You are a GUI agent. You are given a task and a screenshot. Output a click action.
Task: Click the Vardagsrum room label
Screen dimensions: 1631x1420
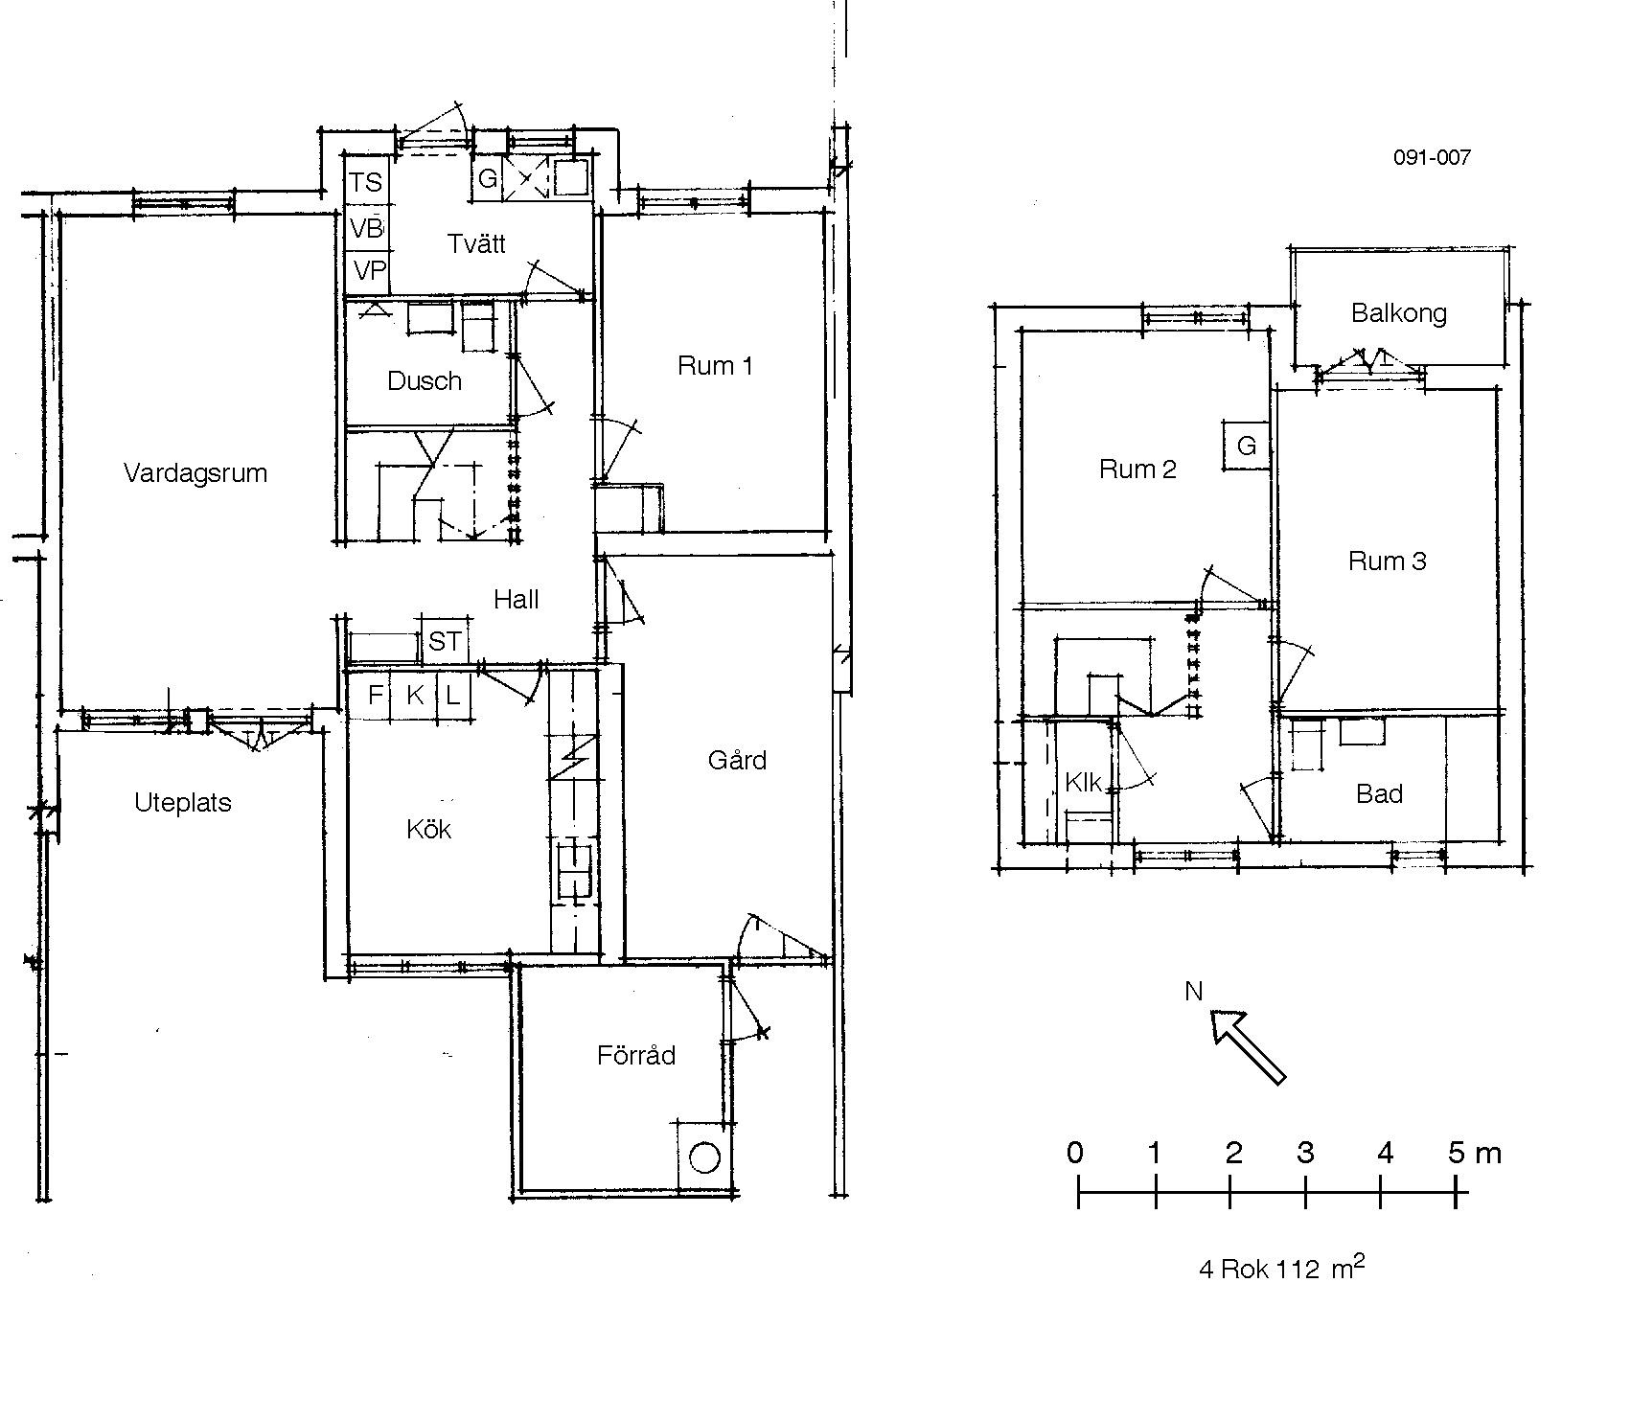[x=195, y=473]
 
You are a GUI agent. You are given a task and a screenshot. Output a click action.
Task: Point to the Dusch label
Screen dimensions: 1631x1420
[x=425, y=381]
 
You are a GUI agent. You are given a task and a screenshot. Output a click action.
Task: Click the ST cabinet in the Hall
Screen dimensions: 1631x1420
[x=444, y=640]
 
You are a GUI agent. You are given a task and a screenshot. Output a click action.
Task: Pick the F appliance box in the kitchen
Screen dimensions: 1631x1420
[x=375, y=694]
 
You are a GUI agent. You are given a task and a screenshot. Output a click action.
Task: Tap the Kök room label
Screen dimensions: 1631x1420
[x=428, y=829]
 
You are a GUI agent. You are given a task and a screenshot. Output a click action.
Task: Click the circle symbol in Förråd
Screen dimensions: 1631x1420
[x=704, y=1157]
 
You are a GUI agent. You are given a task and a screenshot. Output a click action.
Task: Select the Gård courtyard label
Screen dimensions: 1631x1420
[x=737, y=760]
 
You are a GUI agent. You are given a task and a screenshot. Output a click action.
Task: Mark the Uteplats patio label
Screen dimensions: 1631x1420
[x=183, y=803]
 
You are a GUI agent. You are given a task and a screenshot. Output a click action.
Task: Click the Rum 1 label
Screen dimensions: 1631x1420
[x=715, y=366]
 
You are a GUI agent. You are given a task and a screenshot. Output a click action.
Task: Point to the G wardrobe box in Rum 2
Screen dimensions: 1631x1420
[x=1247, y=446]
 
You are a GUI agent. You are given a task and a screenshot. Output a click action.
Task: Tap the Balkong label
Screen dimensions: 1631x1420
[x=1399, y=313]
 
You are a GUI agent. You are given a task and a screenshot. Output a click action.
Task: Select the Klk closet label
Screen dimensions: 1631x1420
[x=1083, y=783]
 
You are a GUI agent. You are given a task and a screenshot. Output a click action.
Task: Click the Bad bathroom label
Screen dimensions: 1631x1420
[x=1379, y=793]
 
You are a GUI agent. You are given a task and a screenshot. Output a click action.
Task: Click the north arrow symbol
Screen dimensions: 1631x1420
[x=1248, y=1047]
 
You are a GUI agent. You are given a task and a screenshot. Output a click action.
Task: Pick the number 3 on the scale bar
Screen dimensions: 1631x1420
[x=1305, y=1153]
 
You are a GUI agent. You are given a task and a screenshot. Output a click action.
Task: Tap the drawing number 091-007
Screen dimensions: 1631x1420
[x=1432, y=157]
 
